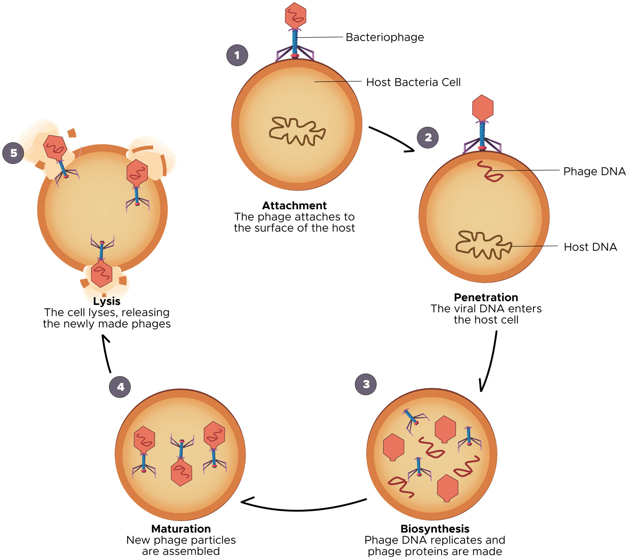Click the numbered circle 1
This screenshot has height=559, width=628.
[x=237, y=55]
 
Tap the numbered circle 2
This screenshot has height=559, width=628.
[x=428, y=137]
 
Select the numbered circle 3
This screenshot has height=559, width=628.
[x=366, y=384]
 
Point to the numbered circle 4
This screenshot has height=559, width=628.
[x=120, y=387]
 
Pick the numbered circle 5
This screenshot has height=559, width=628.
[x=13, y=153]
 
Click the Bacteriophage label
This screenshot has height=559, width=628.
[x=385, y=37]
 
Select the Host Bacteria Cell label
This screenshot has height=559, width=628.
[x=414, y=82]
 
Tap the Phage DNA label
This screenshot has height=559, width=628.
[x=594, y=171]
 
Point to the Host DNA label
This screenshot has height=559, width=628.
[x=590, y=247]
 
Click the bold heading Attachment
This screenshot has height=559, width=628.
[x=294, y=206]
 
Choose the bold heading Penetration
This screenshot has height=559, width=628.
[x=486, y=297]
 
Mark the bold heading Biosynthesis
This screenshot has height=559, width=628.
[x=435, y=529]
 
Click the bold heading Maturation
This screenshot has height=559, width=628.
[x=181, y=529]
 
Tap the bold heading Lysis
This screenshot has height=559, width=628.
[x=107, y=301]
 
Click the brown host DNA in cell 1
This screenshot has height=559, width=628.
[x=297, y=131]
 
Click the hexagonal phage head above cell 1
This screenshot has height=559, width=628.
[x=295, y=16]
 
